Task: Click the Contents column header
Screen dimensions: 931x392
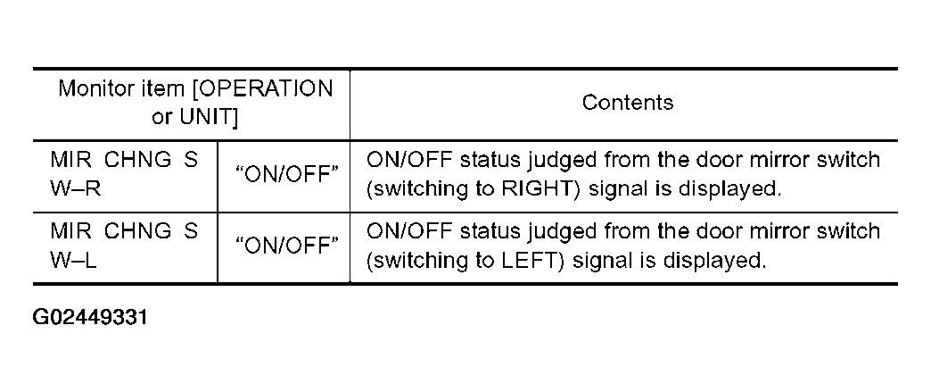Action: click(628, 103)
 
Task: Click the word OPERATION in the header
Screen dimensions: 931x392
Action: click(268, 89)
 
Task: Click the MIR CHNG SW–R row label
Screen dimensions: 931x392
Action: click(124, 175)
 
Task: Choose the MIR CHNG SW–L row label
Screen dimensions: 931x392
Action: click(124, 246)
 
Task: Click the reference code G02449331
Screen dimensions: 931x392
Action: click(90, 317)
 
